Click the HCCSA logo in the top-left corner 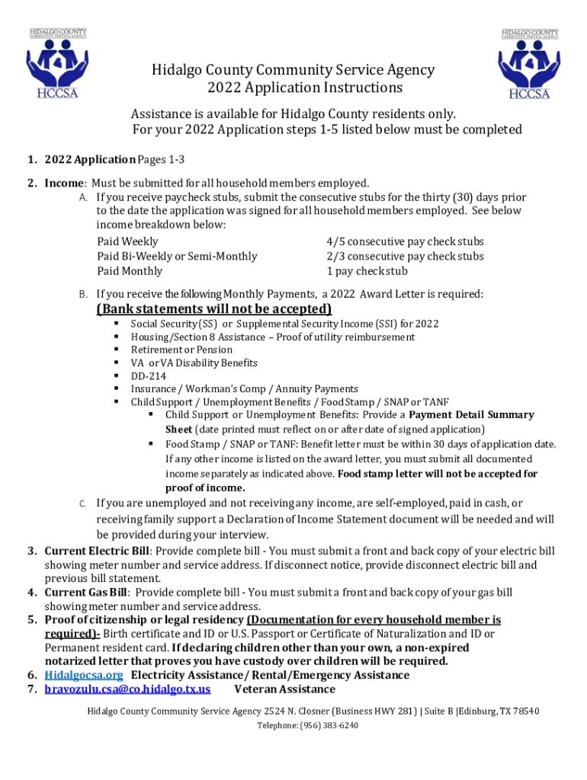pos(58,64)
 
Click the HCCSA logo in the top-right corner pos(529,64)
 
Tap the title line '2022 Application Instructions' pos(293,88)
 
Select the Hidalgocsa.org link pos(83,675)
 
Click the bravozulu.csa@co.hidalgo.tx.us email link pos(127,689)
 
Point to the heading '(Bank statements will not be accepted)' pos(214,308)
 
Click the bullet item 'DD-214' pos(148,376)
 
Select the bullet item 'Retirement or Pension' pos(181,350)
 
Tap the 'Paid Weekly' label pos(127,241)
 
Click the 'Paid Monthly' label pos(130,271)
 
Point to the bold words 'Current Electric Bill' pos(97,551)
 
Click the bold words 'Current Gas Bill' pos(86,592)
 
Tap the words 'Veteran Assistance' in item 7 pos(284,689)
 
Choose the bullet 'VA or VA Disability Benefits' pos(194,363)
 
